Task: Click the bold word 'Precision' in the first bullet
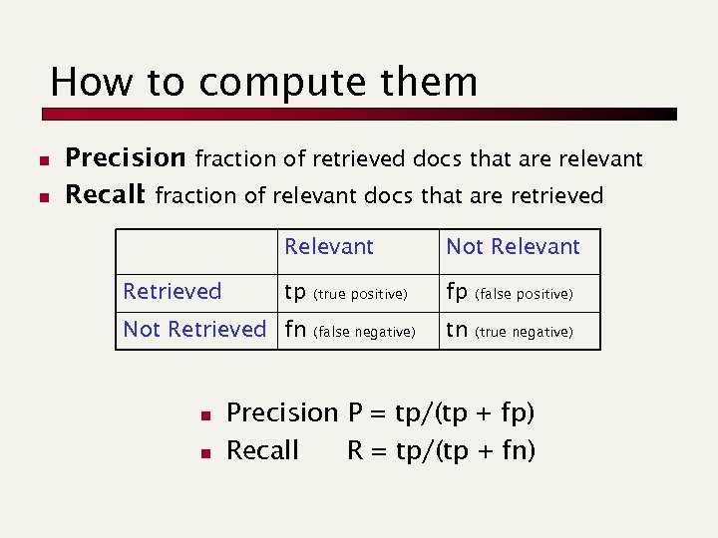point(125,158)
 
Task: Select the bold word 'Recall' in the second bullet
point(105,195)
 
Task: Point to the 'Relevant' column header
point(329,247)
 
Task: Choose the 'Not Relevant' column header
point(513,247)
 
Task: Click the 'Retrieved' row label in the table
point(172,292)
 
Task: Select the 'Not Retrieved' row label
point(194,330)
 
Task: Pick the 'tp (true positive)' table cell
point(345,293)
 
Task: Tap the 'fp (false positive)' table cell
point(509,293)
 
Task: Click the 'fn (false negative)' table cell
point(349,331)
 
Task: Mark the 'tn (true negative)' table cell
point(509,331)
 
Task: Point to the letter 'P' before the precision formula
point(355,412)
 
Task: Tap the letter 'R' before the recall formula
point(355,450)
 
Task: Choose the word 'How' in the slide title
point(85,81)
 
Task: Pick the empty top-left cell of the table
point(195,252)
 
